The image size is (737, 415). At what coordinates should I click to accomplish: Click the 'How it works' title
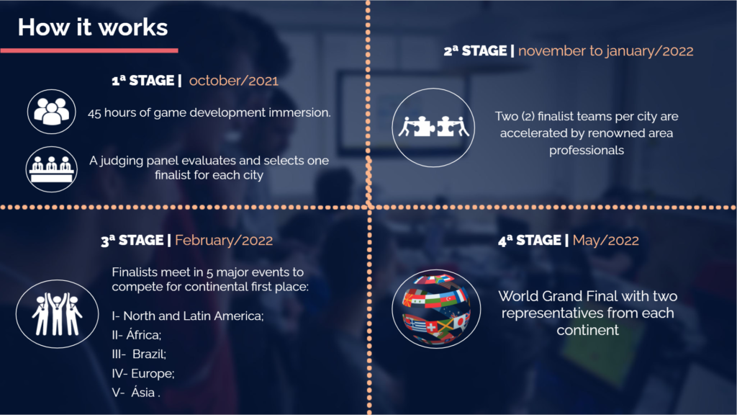(93, 27)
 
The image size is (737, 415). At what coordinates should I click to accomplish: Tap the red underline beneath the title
(89, 50)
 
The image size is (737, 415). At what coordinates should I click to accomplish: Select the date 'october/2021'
(234, 81)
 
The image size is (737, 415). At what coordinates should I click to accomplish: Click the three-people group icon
(51, 112)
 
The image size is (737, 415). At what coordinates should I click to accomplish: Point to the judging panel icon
(51, 169)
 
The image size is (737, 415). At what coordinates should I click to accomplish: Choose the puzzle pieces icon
(433, 127)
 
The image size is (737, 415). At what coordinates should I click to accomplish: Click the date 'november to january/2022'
(606, 51)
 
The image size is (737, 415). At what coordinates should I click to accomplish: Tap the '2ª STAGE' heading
(475, 51)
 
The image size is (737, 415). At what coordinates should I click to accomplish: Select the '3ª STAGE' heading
(132, 241)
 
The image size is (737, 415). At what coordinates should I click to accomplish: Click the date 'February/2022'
(224, 241)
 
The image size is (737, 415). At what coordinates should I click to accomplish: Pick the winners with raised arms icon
(57, 314)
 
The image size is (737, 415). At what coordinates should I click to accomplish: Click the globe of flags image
(435, 308)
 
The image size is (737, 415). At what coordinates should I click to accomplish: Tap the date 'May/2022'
(606, 241)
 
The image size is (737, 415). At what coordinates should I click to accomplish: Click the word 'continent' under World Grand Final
(587, 330)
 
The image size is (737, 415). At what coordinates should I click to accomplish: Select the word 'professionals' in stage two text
(587, 151)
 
